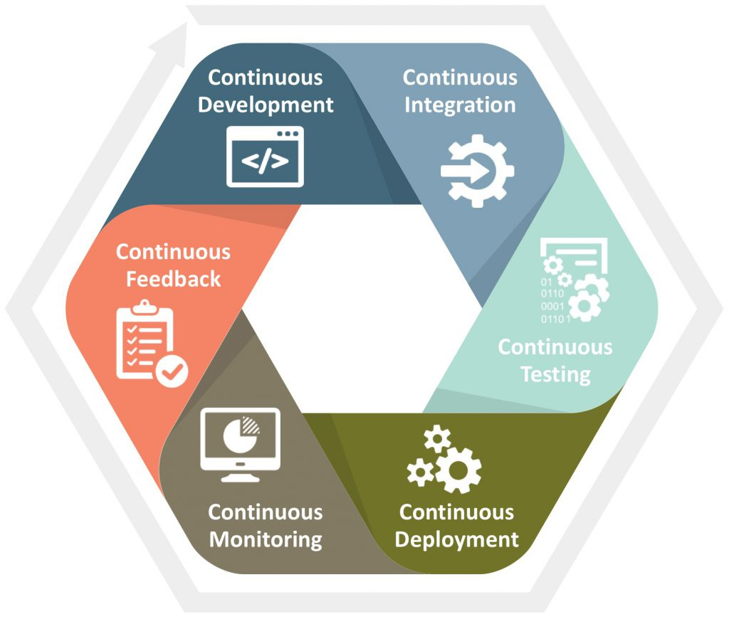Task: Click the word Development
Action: tap(266, 105)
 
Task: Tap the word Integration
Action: tap(460, 105)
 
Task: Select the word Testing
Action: tap(555, 374)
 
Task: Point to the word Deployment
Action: tap(456, 540)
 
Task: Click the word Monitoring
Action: tap(266, 540)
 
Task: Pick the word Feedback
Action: tap(174, 280)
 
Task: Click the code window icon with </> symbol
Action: tap(265, 157)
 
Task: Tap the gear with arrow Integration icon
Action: tap(478, 171)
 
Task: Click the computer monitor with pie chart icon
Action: tap(241, 445)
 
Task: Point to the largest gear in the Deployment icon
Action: tap(458, 470)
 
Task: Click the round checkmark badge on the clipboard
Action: tap(172, 371)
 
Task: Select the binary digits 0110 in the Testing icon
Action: tap(552, 294)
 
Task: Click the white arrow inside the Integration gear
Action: tap(465, 171)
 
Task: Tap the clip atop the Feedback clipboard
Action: tap(145, 306)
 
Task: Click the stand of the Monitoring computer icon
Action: tap(241, 477)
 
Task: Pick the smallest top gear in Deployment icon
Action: tap(437, 439)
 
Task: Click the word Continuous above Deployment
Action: tap(456, 512)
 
